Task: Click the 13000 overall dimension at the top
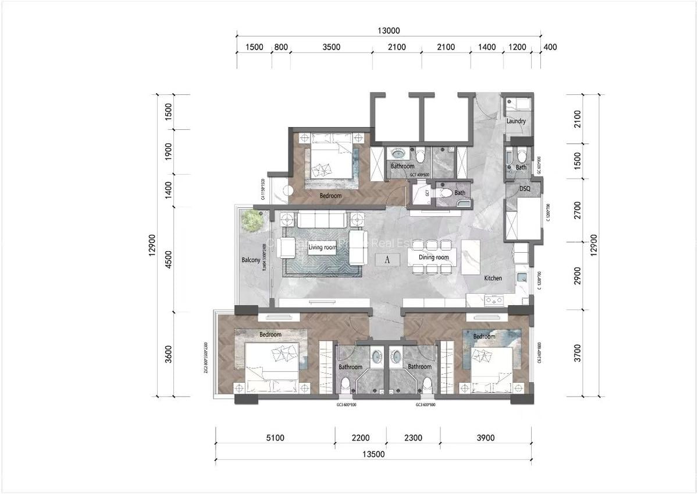[x=389, y=31]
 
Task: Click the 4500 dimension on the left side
[x=168, y=259]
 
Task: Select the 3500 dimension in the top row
[x=330, y=47]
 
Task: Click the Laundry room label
[x=516, y=121]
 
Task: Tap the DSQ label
[x=525, y=189]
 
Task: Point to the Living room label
[x=323, y=248]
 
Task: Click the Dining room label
[x=435, y=257]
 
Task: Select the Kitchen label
[x=493, y=278]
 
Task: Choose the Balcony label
[x=251, y=260]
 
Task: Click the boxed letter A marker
[x=387, y=260]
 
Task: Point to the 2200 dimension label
[x=360, y=439]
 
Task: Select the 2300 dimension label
[x=413, y=439]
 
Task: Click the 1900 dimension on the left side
[x=168, y=152]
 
